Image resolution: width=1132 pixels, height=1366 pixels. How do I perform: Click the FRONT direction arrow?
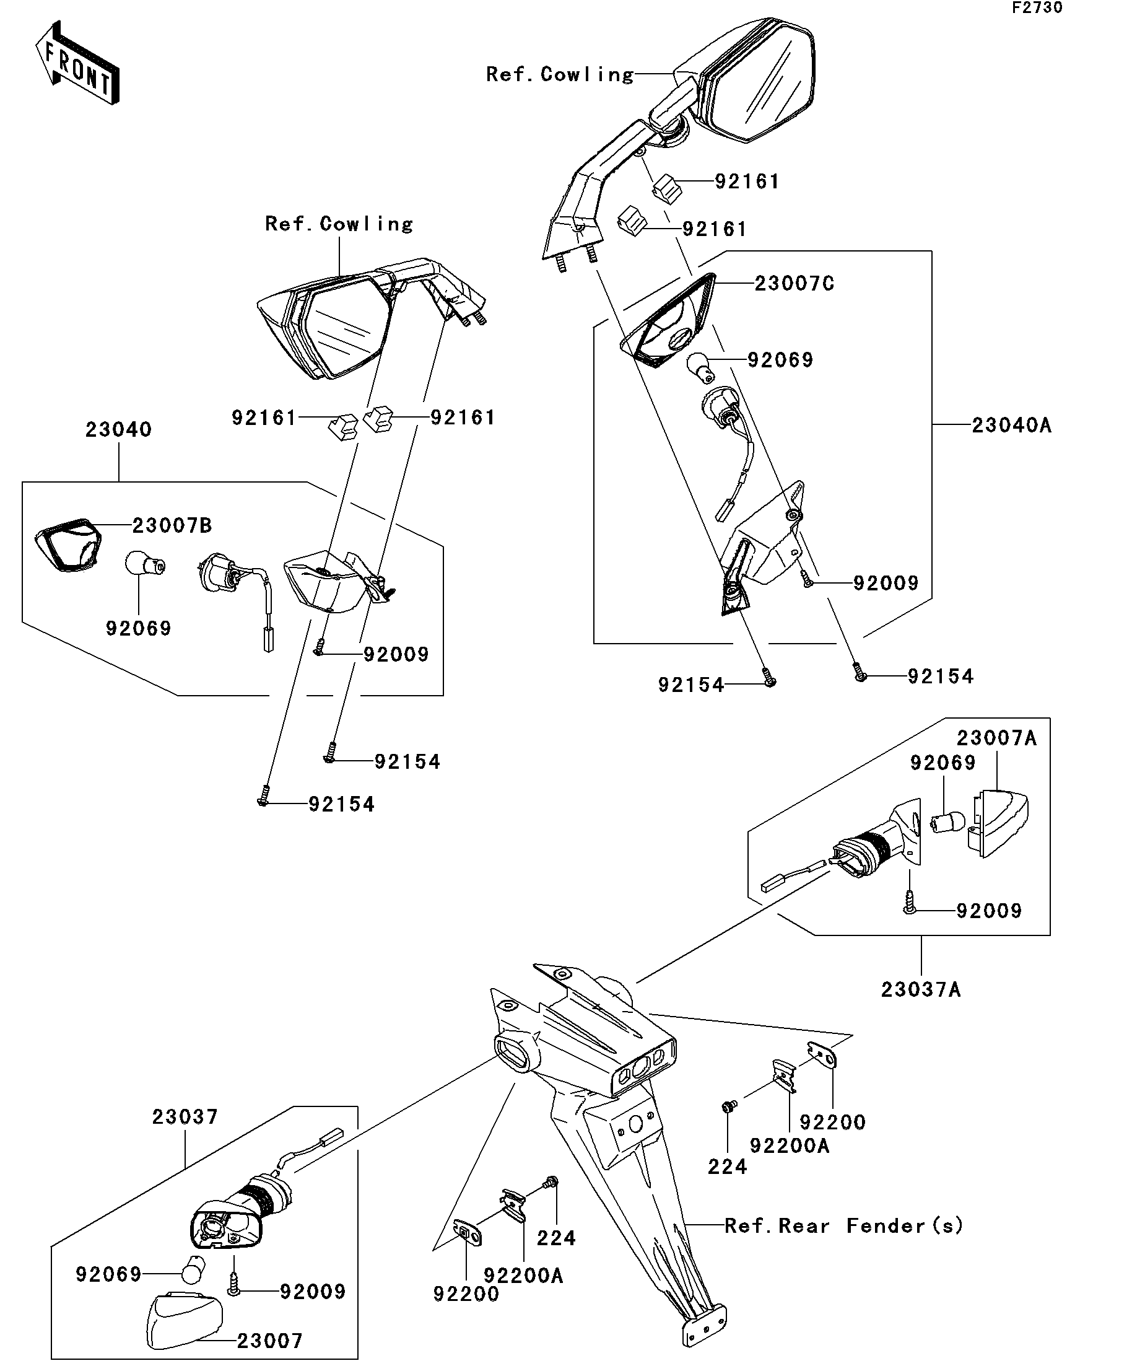(77, 63)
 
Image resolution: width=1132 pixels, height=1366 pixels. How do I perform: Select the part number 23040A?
(1011, 426)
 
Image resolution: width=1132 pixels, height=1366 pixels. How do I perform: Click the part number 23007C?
(794, 284)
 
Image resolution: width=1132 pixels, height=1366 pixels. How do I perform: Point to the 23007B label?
(172, 525)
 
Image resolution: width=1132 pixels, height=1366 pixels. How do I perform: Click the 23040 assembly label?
(118, 429)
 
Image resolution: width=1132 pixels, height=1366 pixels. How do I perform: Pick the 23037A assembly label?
(921, 989)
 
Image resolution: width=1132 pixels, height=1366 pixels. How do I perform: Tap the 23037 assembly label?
(185, 1117)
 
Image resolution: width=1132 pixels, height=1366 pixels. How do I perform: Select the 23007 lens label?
(270, 1341)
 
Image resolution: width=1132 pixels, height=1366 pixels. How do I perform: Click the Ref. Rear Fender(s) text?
(843, 1226)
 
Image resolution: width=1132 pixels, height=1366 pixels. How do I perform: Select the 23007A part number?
(996, 738)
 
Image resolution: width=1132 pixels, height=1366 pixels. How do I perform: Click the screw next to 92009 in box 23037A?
(910, 901)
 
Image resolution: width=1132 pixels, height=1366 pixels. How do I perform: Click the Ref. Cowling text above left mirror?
(339, 224)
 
